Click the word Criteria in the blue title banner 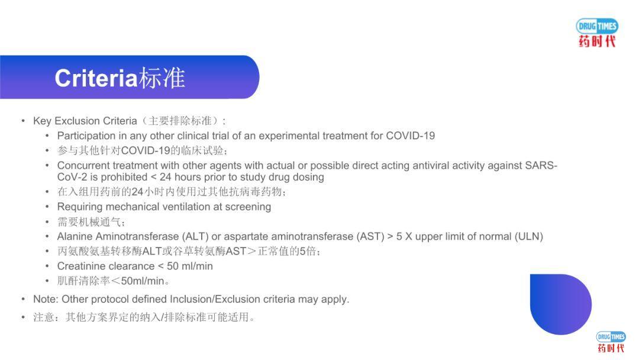pos(96,78)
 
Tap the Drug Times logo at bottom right pos(611,342)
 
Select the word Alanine pos(73,236)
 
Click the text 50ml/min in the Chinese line pos(143,281)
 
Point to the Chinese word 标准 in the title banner pos(162,78)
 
